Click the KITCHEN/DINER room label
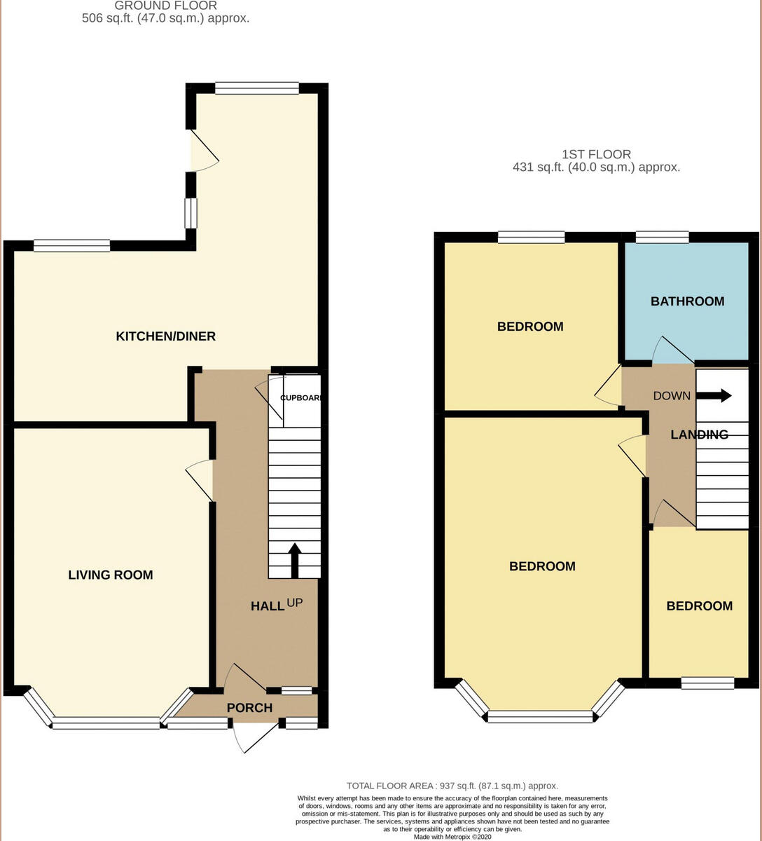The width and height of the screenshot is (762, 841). (x=165, y=336)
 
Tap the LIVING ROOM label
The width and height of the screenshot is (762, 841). (x=110, y=575)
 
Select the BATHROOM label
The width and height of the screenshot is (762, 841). (x=687, y=301)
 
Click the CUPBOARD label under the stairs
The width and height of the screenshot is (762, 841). (x=300, y=398)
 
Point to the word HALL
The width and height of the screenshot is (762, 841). (x=268, y=606)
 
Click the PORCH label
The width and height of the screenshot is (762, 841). (x=249, y=708)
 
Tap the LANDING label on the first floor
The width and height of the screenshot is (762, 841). (x=699, y=435)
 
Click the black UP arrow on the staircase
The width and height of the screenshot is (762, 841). (x=294, y=559)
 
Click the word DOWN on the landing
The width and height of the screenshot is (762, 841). (x=672, y=396)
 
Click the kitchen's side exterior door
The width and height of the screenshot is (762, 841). (x=203, y=151)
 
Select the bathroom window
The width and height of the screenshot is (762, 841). (x=662, y=237)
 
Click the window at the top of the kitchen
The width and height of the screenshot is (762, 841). (x=257, y=88)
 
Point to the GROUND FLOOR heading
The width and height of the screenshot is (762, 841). (x=165, y=6)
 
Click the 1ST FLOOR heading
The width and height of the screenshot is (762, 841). (x=596, y=154)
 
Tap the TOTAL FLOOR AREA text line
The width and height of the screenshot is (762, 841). (x=452, y=786)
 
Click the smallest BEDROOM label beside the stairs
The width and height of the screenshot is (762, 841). (x=699, y=606)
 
